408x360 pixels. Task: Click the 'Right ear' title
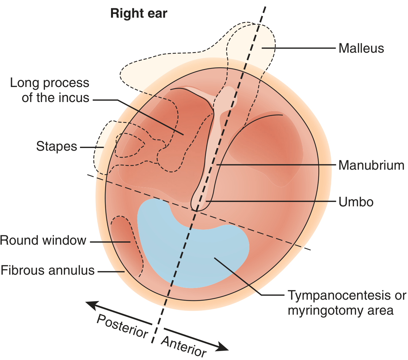[x=139, y=13]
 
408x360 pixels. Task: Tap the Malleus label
[x=361, y=48]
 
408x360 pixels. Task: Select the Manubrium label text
[x=371, y=165]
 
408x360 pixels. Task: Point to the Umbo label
[x=356, y=202]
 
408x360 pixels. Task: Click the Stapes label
[x=57, y=146]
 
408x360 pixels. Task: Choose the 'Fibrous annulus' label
[x=48, y=270]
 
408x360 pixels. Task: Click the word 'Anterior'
[x=183, y=347]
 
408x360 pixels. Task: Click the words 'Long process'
[x=50, y=83]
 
